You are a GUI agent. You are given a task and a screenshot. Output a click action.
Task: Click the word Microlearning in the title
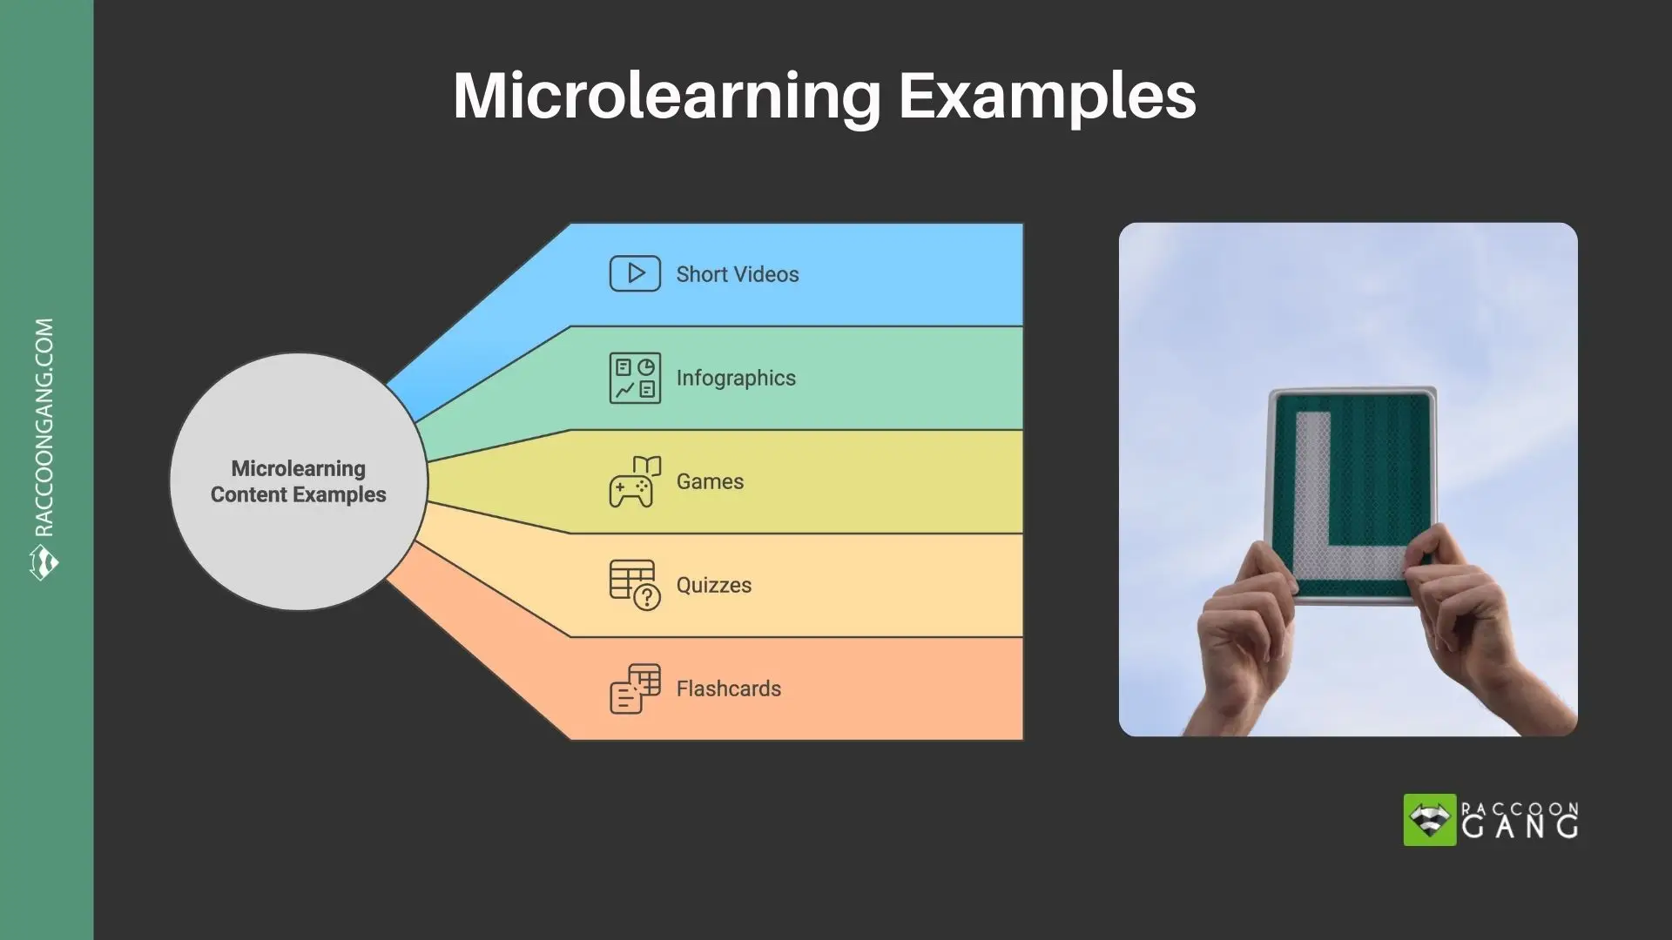pyautogui.click(x=667, y=96)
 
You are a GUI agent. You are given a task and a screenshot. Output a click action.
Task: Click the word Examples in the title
pyautogui.click(x=1047, y=96)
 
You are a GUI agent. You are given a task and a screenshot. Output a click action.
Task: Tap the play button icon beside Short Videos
pyautogui.click(x=635, y=273)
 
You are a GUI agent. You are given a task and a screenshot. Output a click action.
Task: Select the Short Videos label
pyautogui.click(x=737, y=274)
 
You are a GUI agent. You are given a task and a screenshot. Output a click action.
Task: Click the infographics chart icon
pyautogui.click(x=635, y=378)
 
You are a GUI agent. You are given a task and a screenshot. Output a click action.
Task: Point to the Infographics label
pyautogui.click(x=735, y=378)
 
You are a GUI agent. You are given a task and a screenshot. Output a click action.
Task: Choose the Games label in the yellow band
pyautogui.click(x=710, y=481)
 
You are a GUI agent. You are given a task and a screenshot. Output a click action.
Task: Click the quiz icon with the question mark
pyautogui.click(x=635, y=585)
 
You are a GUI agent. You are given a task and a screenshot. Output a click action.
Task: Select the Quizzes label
pyautogui.click(x=713, y=585)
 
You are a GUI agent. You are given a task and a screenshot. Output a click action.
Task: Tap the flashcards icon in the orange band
pyautogui.click(x=635, y=688)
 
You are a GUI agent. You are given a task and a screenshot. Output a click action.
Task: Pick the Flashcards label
pyautogui.click(x=728, y=688)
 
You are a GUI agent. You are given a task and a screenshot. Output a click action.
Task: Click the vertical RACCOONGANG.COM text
pyautogui.click(x=44, y=426)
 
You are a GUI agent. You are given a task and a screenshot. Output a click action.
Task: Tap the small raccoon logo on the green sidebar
pyautogui.click(x=44, y=562)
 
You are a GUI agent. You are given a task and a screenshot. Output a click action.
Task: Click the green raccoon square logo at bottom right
pyautogui.click(x=1429, y=820)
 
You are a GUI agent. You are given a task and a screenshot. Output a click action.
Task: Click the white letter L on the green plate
pyautogui.click(x=1332, y=514)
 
